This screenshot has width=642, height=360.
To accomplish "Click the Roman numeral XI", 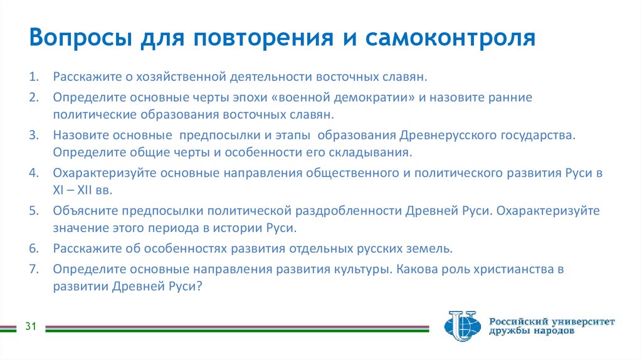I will tap(58, 191).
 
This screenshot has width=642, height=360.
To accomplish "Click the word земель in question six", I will tap(431, 248).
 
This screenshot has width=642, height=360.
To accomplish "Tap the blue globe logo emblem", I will tap(461, 326).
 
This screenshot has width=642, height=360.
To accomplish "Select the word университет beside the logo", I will tap(581, 321).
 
